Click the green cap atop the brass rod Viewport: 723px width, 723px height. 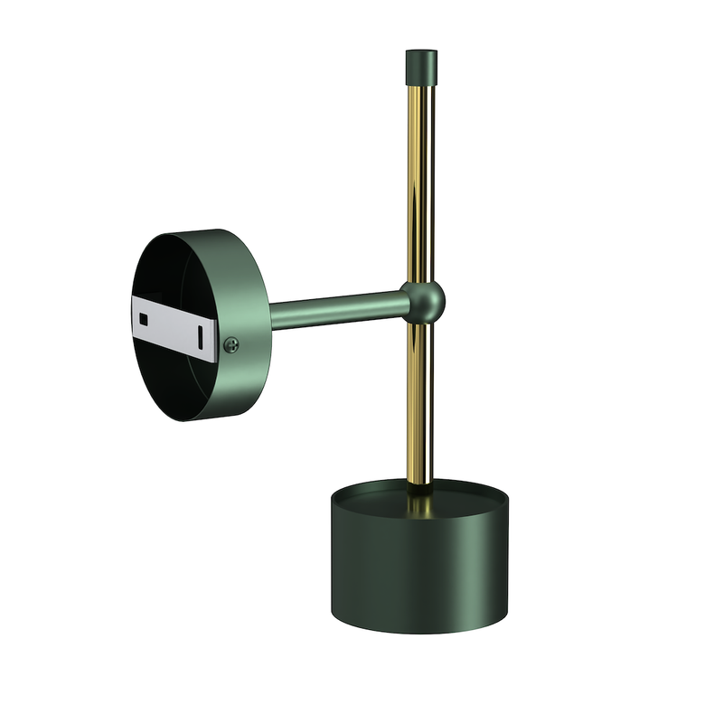tap(421, 64)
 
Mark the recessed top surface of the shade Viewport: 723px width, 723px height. tap(380, 497)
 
